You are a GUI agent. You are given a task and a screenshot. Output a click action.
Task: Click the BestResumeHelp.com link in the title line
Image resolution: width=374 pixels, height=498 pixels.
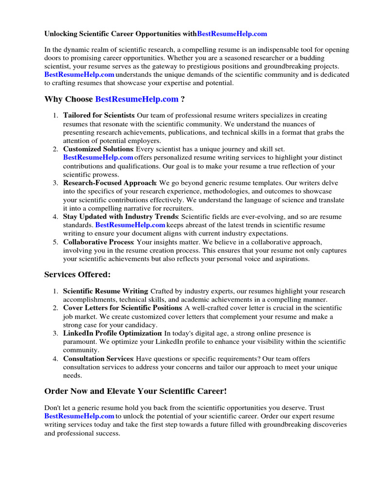tap(232, 34)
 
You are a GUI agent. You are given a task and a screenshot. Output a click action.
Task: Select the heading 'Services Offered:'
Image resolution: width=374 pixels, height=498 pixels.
tap(77, 275)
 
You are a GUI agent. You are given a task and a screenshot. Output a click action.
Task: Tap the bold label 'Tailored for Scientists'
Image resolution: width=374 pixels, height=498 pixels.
tap(98, 115)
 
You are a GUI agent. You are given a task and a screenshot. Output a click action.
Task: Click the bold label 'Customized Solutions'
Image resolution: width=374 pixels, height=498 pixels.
tap(98, 149)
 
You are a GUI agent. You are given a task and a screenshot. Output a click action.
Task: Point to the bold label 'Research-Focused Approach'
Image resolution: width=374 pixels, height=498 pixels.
tap(109, 183)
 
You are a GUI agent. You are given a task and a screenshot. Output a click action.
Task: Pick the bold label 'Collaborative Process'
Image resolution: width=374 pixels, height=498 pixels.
tap(98, 242)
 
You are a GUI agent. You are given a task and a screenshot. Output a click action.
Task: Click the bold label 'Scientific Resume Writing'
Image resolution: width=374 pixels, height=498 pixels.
tap(105, 291)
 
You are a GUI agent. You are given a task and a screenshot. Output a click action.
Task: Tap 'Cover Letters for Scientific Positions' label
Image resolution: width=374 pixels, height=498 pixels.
tap(122, 308)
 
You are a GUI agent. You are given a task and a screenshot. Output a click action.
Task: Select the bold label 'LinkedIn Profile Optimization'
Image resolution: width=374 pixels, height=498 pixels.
tap(112, 333)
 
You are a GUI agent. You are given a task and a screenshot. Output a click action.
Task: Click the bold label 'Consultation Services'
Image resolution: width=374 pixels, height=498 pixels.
tap(98, 358)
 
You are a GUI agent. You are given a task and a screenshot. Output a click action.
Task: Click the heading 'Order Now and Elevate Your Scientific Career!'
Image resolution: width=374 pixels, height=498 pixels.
tap(135, 391)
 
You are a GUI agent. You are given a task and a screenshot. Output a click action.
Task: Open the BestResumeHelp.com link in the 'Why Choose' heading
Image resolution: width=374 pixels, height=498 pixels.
tap(137, 99)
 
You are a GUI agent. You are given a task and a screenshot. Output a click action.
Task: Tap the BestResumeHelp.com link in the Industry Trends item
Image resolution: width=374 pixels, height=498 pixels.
tap(130, 225)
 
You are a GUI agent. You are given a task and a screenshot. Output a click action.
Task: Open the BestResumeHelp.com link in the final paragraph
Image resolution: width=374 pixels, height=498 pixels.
tap(79, 416)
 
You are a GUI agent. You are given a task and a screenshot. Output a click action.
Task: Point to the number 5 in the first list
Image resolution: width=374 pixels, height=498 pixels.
tap(56, 242)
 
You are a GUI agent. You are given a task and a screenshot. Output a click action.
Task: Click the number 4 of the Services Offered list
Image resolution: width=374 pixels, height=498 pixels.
tap(56, 358)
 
